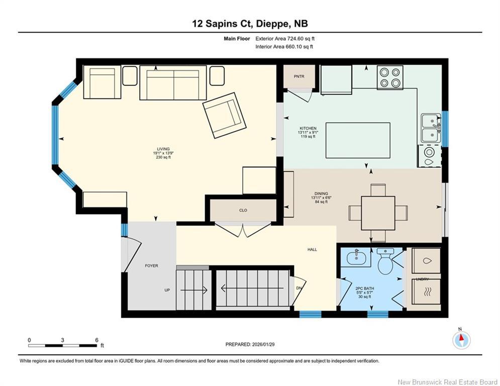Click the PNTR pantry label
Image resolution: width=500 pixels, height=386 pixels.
click(x=299, y=76)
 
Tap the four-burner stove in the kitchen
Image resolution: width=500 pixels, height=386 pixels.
click(x=390, y=77)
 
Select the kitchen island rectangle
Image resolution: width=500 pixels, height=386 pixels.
click(x=358, y=140)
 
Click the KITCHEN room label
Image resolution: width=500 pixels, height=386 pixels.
click(x=308, y=128)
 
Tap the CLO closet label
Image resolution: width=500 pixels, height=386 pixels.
click(x=243, y=211)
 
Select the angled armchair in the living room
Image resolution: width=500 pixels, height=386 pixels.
click(x=225, y=115)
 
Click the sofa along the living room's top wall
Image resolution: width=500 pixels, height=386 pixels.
click(x=173, y=82)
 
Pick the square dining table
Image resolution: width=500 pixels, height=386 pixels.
click(x=378, y=213)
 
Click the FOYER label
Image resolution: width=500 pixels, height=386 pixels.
click(x=151, y=266)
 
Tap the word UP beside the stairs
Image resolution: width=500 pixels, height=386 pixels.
click(x=167, y=291)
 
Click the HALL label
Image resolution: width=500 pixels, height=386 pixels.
click(x=312, y=249)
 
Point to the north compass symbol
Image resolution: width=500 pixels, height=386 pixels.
click(x=461, y=340)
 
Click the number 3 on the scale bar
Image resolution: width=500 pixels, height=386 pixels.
click(x=62, y=340)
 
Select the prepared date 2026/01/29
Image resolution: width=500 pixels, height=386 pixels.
click(x=263, y=344)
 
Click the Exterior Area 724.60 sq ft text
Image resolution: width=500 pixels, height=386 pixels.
click(x=285, y=39)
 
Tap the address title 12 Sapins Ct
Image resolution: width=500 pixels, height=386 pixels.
click(x=220, y=24)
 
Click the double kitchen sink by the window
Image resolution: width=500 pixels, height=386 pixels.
click(x=431, y=128)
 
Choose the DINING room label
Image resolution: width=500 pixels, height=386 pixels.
click(x=321, y=194)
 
